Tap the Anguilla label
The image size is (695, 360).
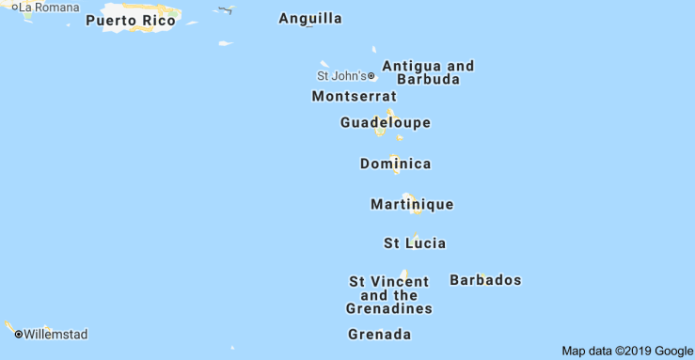click(x=310, y=19)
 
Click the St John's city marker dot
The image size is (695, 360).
click(x=371, y=76)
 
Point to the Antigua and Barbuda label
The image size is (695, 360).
click(x=428, y=72)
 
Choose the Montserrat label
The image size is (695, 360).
click(x=354, y=96)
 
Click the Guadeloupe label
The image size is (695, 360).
click(x=386, y=122)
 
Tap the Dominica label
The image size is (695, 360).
click(x=395, y=164)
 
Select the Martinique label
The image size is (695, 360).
click(x=412, y=204)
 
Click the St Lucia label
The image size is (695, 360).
click(x=415, y=243)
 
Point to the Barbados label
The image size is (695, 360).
click(x=485, y=280)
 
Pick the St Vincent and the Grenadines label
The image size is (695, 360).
click(x=389, y=295)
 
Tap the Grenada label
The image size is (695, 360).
click(x=380, y=335)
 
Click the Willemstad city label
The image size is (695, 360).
click(x=55, y=334)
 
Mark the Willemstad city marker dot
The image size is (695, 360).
click(x=18, y=334)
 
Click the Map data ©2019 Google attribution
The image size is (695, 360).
click(x=626, y=352)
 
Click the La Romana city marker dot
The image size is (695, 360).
click(x=15, y=8)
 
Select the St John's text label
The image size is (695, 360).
click(x=341, y=76)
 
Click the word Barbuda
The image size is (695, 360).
click(x=429, y=80)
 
